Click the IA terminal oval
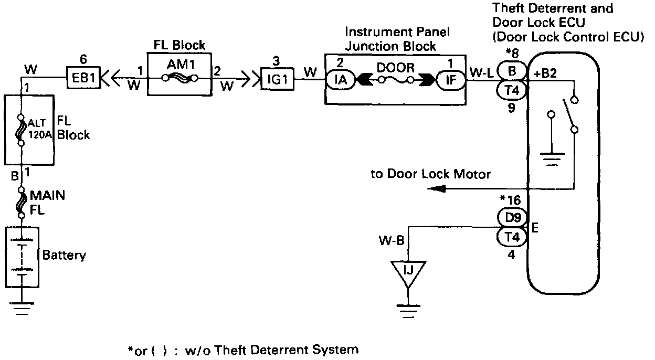pyautogui.click(x=345, y=80)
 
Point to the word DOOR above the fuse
pyautogui.click(x=396, y=68)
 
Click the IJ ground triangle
pyautogui.click(x=409, y=271)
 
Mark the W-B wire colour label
pyautogui.click(x=391, y=242)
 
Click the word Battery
pyautogui.click(x=64, y=256)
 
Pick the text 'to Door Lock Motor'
pyautogui.click(x=430, y=174)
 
